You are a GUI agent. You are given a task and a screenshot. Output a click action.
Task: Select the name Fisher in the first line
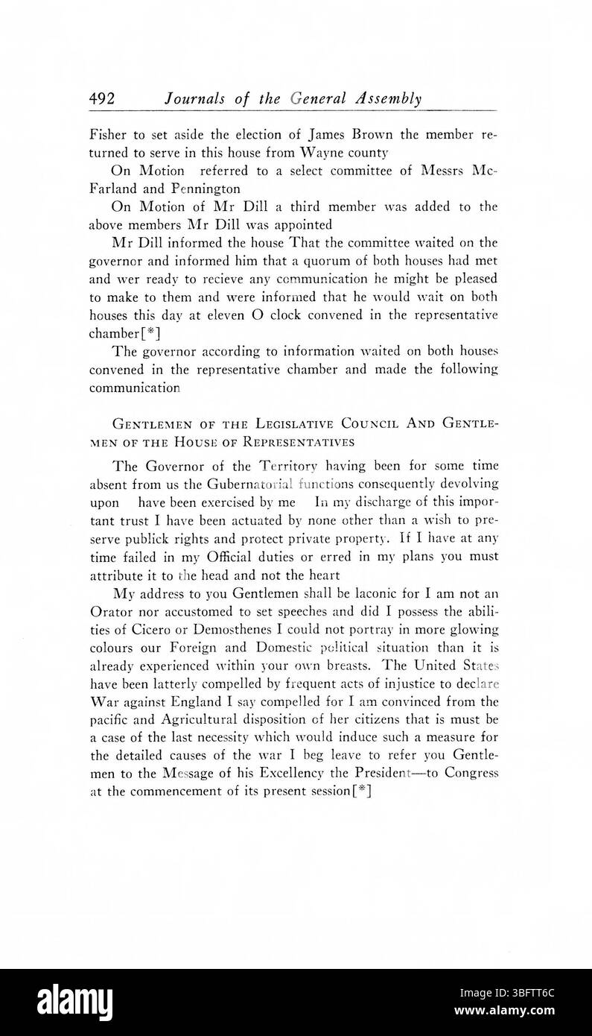[107, 136]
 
